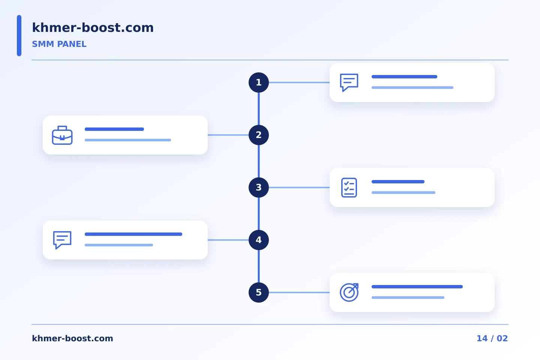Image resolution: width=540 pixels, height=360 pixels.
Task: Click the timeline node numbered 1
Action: tap(259, 82)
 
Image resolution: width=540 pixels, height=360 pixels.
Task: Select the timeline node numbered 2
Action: tap(259, 135)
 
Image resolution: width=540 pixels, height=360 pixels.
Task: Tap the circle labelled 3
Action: tap(259, 187)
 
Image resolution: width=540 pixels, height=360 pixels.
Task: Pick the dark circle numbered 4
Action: tap(259, 240)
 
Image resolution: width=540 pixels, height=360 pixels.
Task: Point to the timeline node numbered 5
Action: tap(259, 292)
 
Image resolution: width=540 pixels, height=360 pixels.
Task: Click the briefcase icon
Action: tap(62, 135)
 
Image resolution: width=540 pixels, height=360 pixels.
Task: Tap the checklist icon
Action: tap(349, 187)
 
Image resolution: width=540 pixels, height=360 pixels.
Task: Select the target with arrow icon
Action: tap(349, 292)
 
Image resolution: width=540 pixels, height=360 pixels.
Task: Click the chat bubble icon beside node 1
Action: tap(349, 82)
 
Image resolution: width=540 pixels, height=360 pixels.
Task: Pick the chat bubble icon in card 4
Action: tap(62, 240)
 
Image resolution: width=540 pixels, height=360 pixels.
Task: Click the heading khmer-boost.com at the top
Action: tap(93, 27)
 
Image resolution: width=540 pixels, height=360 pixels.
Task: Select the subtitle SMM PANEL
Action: tap(59, 44)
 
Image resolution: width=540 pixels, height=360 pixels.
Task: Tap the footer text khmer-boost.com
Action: tap(72, 338)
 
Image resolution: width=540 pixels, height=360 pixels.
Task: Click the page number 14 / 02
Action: tap(492, 338)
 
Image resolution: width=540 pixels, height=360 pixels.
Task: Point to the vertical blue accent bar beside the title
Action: tap(19, 36)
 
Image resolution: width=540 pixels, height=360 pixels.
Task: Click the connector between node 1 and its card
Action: tap(299, 82)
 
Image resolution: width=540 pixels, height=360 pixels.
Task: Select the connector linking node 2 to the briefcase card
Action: tap(228, 135)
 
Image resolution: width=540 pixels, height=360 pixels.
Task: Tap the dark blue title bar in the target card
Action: tap(417, 287)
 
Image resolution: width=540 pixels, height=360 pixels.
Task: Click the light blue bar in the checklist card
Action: tap(403, 193)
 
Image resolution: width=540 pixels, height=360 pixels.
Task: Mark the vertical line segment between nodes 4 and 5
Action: tap(259, 266)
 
